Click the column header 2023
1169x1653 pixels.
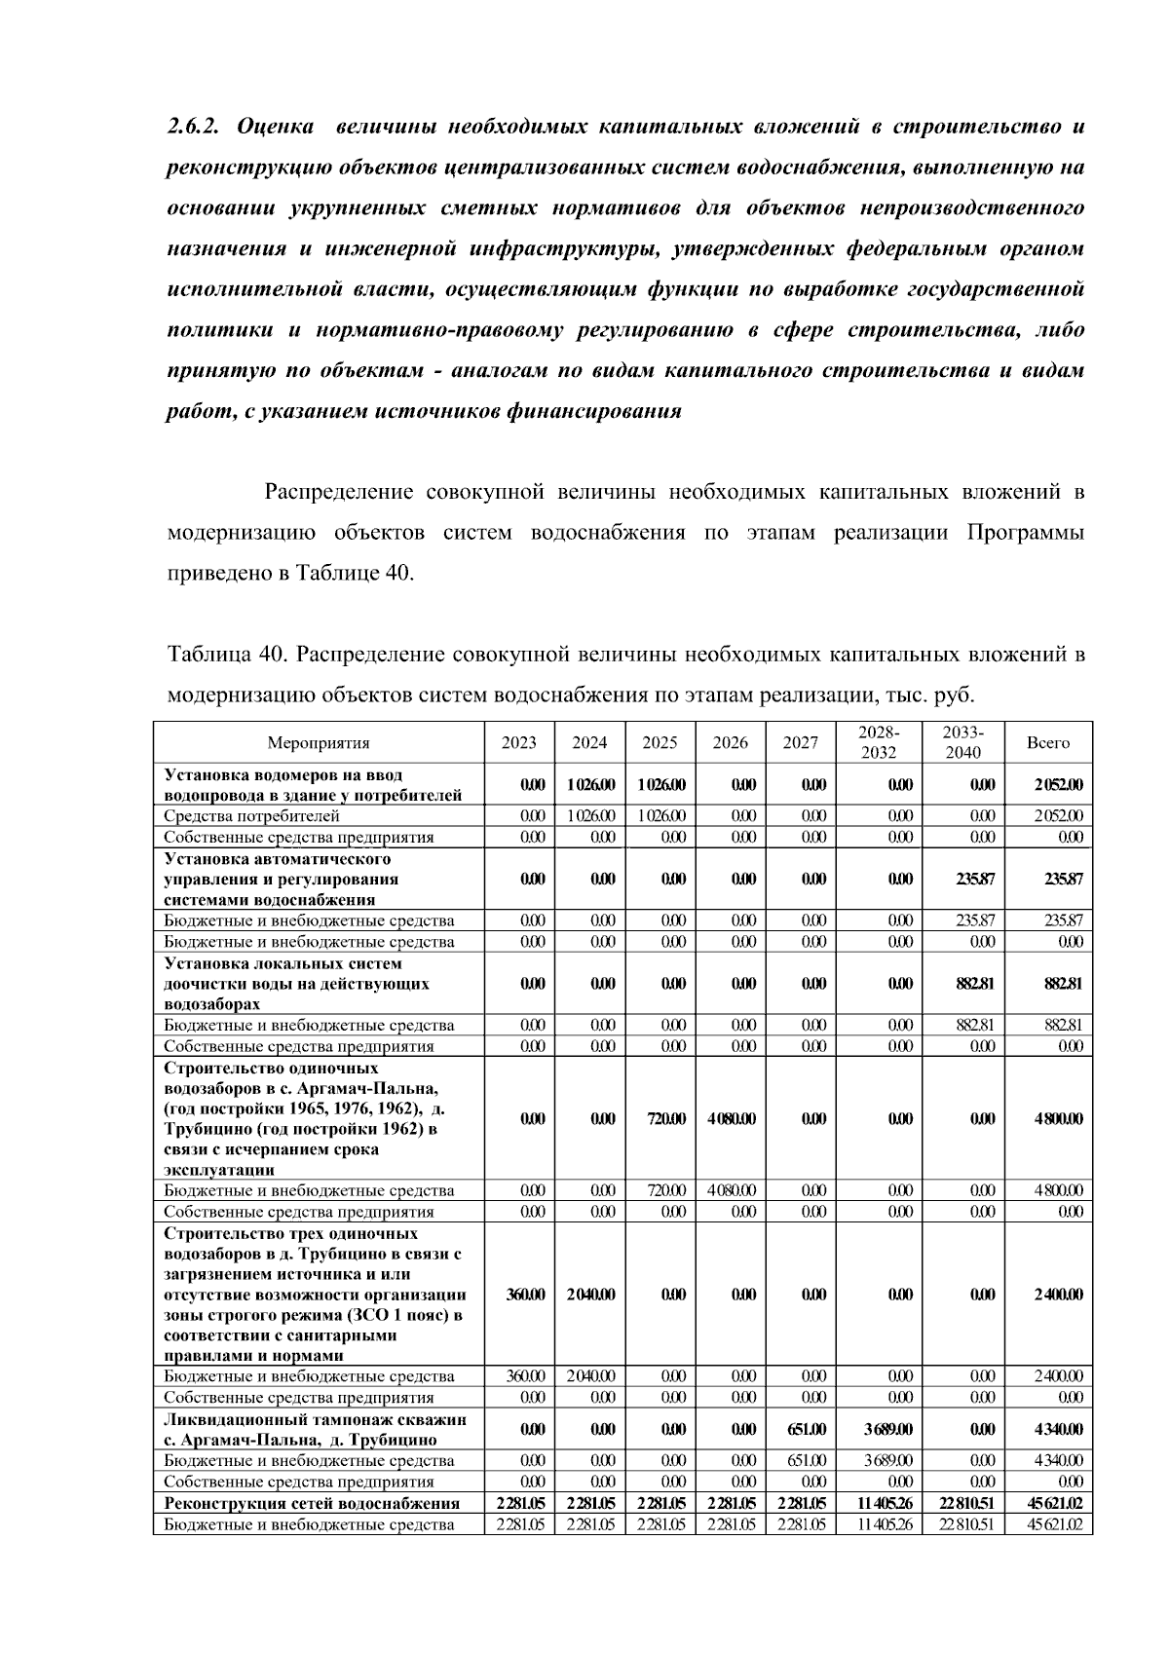point(518,743)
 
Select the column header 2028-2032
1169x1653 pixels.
point(879,743)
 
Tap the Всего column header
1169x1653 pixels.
point(1048,743)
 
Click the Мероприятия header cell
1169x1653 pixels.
point(319,743)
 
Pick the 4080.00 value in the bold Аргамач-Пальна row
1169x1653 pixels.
point(731,1119)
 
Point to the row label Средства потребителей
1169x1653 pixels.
point(251,816)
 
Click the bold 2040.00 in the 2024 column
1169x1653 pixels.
point(589,1295)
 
